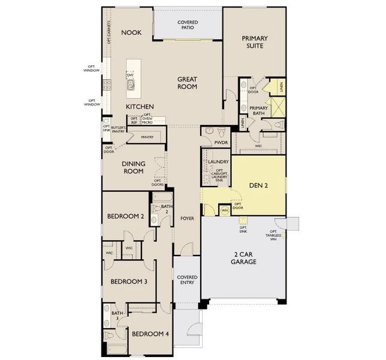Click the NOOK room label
tap(131, 32)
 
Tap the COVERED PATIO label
tap(188, 26)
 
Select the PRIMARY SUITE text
tap(255, 42)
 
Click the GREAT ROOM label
tap(187, 83)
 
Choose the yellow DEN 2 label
tap(258, 185)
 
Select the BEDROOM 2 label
tap(125, 217)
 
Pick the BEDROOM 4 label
tap(150, 334)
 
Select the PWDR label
tap(221, 142)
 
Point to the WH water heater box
tap(225, 210)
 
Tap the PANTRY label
tap(147, 137)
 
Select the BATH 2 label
tap(165, 208)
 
